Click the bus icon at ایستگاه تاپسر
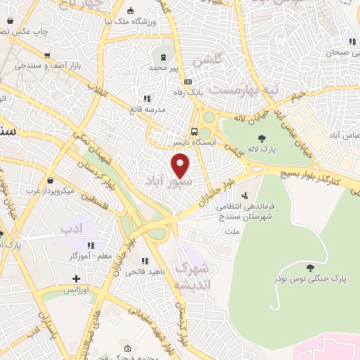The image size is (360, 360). (x=194, y=131)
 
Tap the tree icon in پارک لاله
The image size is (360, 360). (x=262, y=139)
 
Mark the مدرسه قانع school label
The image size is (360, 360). (x=146, y=110)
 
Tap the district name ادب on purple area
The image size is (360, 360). (x=72, y=229)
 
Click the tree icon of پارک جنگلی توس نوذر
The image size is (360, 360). (x=310, y=267)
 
